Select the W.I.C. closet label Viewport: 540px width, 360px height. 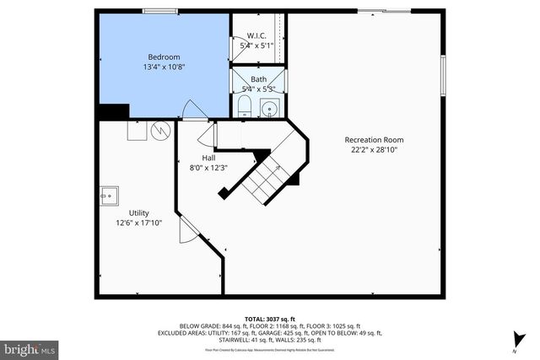(x=256, y=35)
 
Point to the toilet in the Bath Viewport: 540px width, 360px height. (x=243, y=106)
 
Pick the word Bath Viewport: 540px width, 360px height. (x=257, y=79)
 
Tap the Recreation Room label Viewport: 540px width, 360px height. (x=373, y=139)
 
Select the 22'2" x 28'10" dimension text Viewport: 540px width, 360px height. (x=373, y=149)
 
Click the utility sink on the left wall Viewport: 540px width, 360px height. (x=107, y=195)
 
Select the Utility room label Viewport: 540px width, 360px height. (x=138, y=212)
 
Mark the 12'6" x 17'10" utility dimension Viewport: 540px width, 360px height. (x=138, y=223)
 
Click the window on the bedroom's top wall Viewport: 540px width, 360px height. (x=159, y=11)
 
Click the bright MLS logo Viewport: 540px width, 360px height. (x=30, y=347)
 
